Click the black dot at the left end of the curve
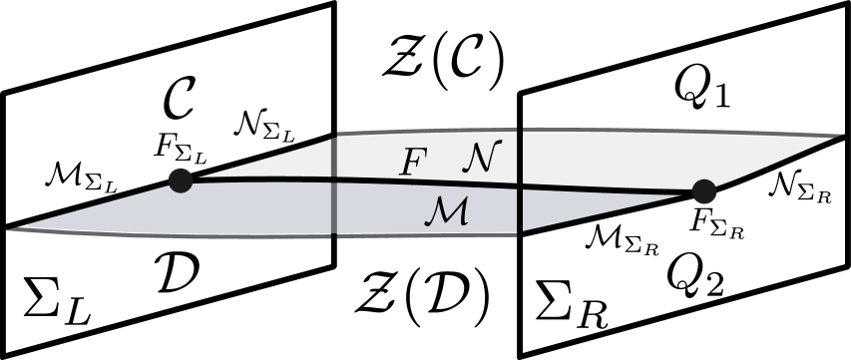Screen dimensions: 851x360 [181, 180]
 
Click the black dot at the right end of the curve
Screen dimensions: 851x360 [704, 190]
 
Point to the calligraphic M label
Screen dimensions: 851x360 [446, 209]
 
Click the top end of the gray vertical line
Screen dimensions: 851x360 [333, 135]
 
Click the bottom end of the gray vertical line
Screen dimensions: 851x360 [333, 237]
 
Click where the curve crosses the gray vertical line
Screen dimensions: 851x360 [333, 179]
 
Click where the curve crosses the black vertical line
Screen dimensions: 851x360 [519, 186]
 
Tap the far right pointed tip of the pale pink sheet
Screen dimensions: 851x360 [841, 135]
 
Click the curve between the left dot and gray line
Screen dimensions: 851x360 [259, 178]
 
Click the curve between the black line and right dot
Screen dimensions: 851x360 [609, 189]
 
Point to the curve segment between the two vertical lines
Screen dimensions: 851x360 [429, 181]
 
